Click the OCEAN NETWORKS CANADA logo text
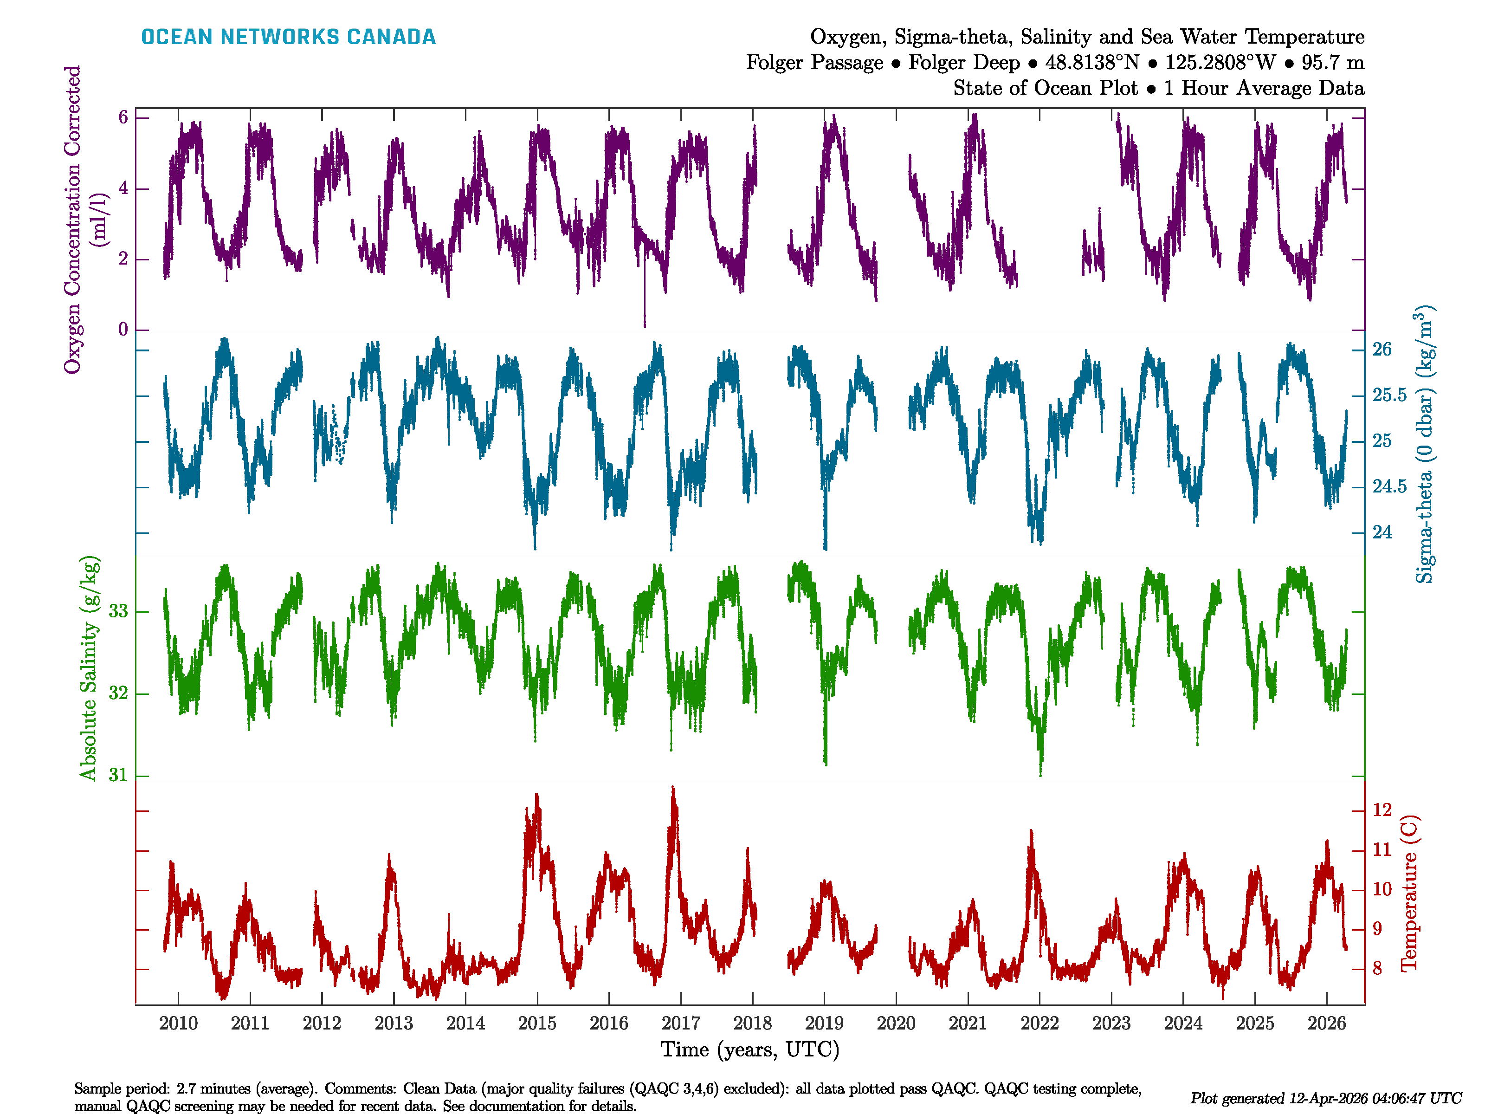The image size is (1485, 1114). pos(288,37)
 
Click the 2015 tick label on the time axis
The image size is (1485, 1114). pos(537,1023)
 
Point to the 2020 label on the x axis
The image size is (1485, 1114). pos(896,1023)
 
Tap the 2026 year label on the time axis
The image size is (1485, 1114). pos(1327,1023)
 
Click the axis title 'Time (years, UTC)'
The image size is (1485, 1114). pos(750,1049)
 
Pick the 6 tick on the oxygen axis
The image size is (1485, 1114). pos(123,117)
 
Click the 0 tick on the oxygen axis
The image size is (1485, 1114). pos(123,330)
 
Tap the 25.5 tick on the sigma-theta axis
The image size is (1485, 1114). pos(1389,395)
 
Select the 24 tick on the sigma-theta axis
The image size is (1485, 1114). pos(1382,532)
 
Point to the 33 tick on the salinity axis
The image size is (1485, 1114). pos(118,611)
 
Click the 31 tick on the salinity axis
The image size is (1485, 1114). pos(118,776)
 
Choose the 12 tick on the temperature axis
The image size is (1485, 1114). pos(1382,810)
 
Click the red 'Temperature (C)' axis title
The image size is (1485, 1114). pos(1409,893)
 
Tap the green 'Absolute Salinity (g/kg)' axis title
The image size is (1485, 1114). pos(89,668)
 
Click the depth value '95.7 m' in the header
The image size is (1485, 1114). pos(1333,63)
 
